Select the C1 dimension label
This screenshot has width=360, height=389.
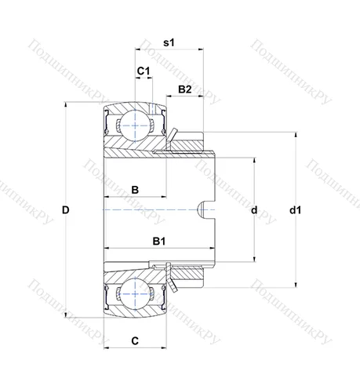(x=143, y=72)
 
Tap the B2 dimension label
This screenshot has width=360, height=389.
(x=185, y=89)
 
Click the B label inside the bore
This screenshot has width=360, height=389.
(x=135, y=190)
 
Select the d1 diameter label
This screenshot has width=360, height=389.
(x=295, y=209)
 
